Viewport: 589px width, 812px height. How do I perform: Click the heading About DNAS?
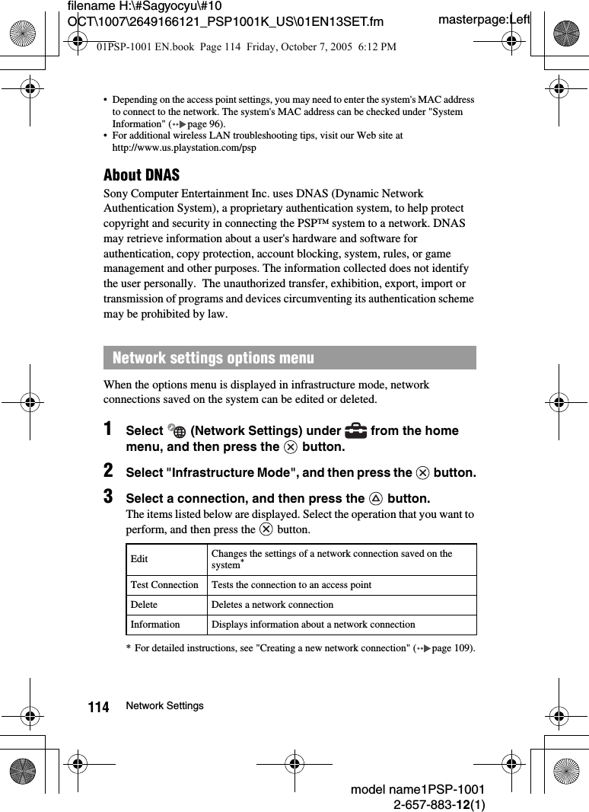click(x=142, y=175)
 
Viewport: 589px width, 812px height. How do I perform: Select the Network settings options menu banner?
click(x=289, y=358)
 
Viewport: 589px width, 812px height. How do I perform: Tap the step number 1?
click(x=110, y=429)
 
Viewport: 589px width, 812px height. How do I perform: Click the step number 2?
click(x=110, y=470)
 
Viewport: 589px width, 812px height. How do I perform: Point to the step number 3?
click(x=110, y=497)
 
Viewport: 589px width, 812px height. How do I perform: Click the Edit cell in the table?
click(x=140, y=560)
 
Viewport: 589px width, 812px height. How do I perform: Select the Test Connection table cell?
click(x=164, y=585)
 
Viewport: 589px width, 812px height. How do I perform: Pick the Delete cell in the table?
click(x=145, y=605)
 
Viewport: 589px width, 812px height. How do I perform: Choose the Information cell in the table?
click(x=155, y=625)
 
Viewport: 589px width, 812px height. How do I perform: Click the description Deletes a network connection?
click(x=272, y=605)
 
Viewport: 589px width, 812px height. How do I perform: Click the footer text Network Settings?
click(x=165, y=706)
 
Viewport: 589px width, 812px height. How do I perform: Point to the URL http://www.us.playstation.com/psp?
click(x=184, y=147)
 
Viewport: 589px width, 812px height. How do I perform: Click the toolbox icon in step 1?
click(x=355, y=430)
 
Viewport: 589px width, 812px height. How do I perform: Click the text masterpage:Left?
click(x=484, y=19)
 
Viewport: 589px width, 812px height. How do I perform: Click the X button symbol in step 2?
click(x=422, y=473)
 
